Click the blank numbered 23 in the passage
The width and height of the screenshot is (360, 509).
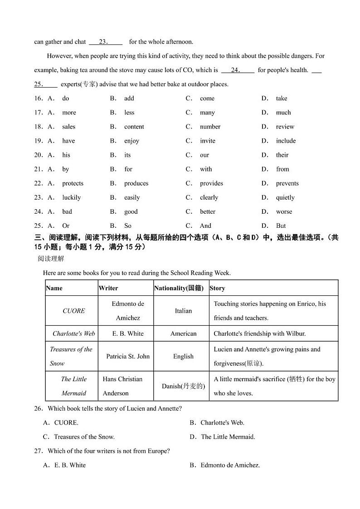pyautogui.click(x=105, y=42)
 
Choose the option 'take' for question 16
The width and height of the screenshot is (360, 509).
pyautogui.click(x=281, y=98)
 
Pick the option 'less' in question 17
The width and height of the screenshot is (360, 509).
pyautogui.click(x=129, y=113)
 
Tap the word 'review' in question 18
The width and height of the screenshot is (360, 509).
pyautogui.click(x=285, y=127)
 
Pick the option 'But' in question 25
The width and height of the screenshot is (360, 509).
pyautogui.click(x=281, y=225)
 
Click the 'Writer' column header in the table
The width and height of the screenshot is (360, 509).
pyautogui.click(x=108, y=288)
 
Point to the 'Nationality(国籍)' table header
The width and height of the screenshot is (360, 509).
pyautogui.click(x=179, y=288)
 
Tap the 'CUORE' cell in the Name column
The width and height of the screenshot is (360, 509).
pyautogui.click(x=73, y=311)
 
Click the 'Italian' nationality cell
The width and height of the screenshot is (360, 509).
pyautogui.click(x=183, y=311)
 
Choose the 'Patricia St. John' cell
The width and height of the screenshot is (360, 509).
pyautogui.click(x=128, y=356)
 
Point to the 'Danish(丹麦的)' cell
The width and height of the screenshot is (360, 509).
pyautogui.click(x=183, y=386)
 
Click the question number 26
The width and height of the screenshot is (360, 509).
pyautogui.click(x=38, y=408)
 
